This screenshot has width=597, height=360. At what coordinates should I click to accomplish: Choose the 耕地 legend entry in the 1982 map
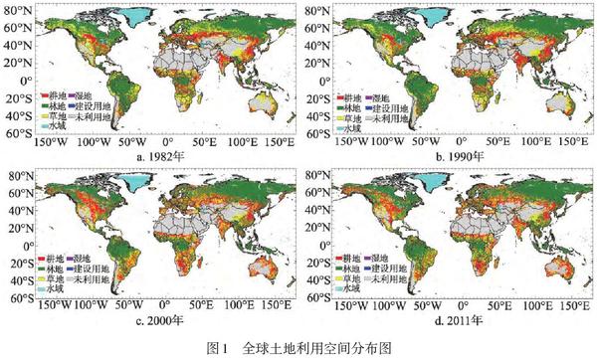51,95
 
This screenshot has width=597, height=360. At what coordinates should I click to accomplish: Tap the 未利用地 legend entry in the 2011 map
397,280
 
